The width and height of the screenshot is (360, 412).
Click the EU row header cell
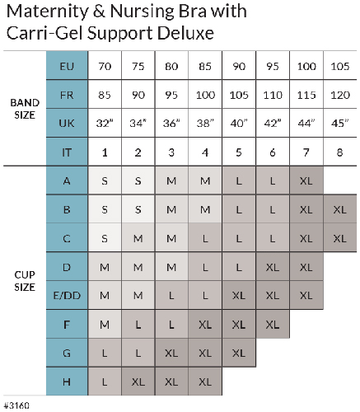tap(67, 65)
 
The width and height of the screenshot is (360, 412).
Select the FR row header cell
tap(67, 94)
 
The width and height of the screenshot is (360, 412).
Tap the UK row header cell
tap(67, 123)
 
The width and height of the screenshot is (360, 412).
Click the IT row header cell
tap(67, 152)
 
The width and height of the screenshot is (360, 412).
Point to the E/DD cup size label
tap(67, 295)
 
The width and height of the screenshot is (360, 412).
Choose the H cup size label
tap(67, 382)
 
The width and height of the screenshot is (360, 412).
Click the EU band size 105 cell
tap(340, 66)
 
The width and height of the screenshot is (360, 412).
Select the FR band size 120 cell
tap(340, 95)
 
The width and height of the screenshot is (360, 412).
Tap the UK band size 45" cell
tap(340, 123)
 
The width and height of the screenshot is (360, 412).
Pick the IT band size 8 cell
tap(340, 152)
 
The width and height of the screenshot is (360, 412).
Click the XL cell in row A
tap(306, 180)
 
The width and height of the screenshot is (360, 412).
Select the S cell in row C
tap(105, 238)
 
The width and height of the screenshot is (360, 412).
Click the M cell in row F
tap(105, 325)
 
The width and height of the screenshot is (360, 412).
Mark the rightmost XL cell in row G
tap(239, 353)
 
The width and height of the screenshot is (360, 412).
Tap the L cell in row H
tap(105, 382)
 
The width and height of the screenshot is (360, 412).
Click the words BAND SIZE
tap(25, 109)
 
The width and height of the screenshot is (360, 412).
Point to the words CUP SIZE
tap(25, 281)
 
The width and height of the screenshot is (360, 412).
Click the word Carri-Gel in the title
tap(44, 33)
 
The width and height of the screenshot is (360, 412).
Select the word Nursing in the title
tap(143, 12)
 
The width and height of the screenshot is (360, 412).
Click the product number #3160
tap(16, 405)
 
